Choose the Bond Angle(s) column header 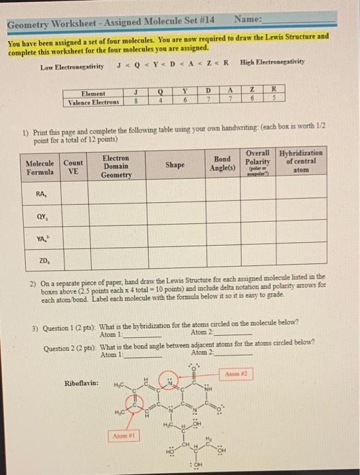[223, 164]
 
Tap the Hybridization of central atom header [301, 161]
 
